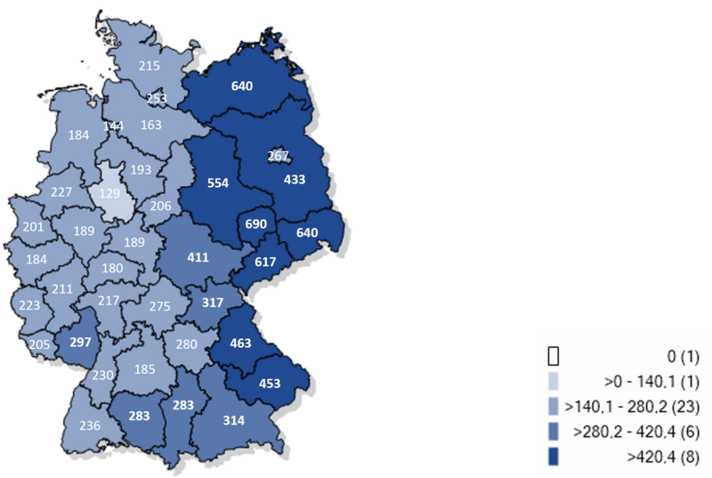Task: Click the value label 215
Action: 150,66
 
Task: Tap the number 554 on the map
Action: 218,183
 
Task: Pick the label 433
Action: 294,179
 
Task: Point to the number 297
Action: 81,341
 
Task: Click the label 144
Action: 113,126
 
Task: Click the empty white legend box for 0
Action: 553,357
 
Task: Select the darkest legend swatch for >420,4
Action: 553,457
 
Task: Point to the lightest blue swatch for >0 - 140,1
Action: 553,382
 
